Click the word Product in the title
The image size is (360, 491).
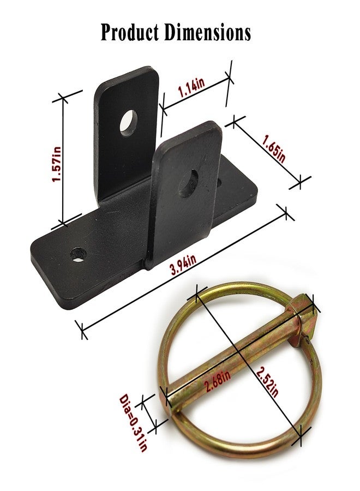coord(130,33)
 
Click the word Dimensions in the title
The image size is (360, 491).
coord(208,32)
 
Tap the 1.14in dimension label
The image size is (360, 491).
coord(191,87)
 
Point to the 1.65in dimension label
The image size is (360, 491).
coord(274,148)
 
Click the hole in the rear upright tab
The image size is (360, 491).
coord(129,123)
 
